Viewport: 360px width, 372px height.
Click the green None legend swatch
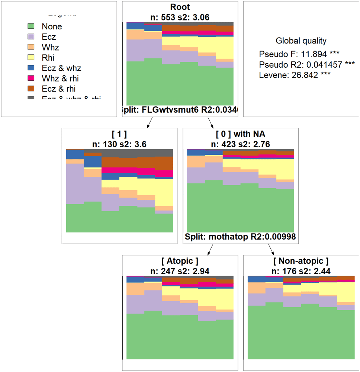(31, 26)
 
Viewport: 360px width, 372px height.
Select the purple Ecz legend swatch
(31, 37)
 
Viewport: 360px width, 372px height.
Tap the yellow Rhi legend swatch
(31, 58)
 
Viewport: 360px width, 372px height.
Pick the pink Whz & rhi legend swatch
(31, 78)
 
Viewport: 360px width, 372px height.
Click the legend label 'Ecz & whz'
(61, 68)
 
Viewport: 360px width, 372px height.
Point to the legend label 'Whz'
(50, 47)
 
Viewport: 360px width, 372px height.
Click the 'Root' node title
(180, 7)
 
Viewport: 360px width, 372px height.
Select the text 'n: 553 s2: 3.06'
(180, 16)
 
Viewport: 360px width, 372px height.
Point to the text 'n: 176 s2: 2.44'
(301, 270)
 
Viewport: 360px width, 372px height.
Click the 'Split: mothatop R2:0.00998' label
(240, 237)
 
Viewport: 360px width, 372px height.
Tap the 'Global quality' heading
(301, 41)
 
